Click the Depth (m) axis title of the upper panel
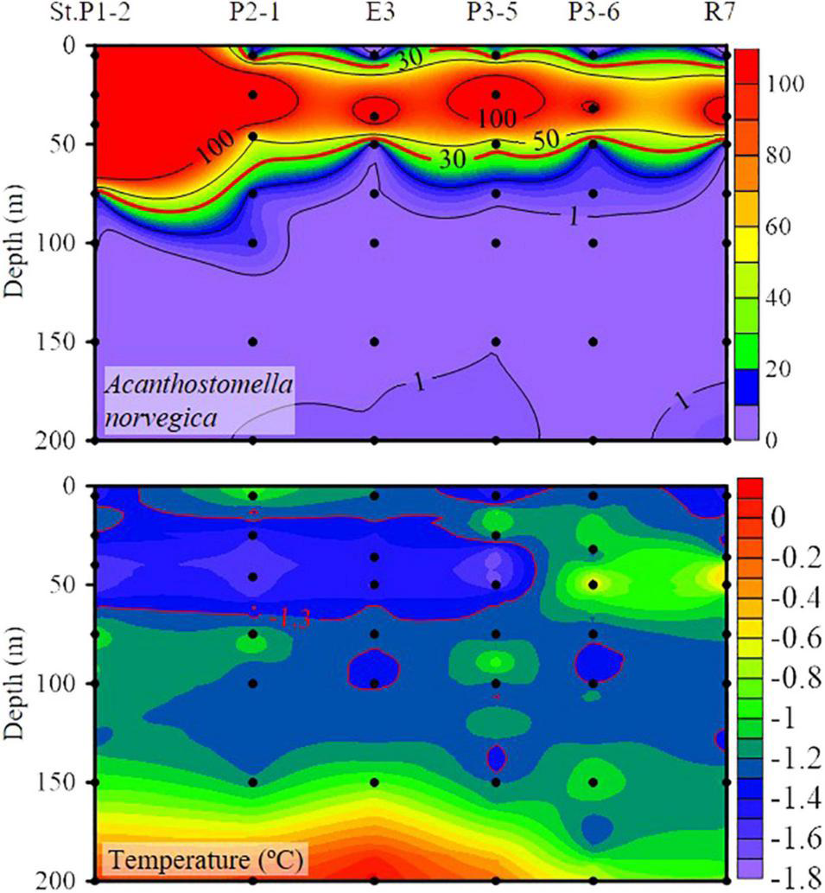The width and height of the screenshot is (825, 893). pyautogui.click(x=15, y=244)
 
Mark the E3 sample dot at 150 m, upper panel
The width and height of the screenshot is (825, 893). pyautogui.click(x=374, y=341)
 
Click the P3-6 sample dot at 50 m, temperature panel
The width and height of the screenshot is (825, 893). pyautogui.click(x=593, y=584)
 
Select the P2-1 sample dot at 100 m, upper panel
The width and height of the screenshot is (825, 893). pyautogui.click(x=253, y=243)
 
